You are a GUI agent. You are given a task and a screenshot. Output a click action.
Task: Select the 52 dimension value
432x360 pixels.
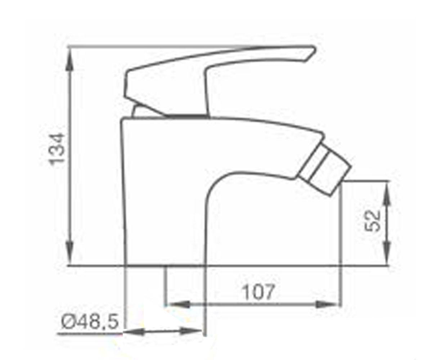pos(372,221)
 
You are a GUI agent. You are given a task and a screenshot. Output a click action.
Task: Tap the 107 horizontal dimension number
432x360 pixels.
pos(258,292)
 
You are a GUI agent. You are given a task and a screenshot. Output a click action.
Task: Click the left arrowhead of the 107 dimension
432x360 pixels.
pos(178,305)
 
